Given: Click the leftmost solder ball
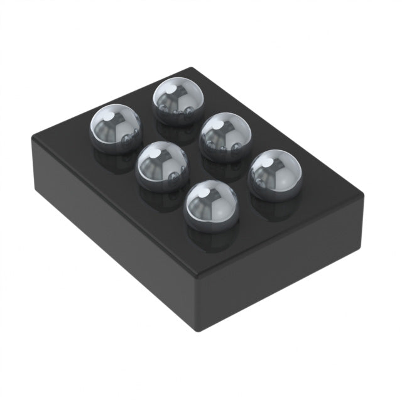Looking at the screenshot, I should pyautogui.click(x=116, y=128).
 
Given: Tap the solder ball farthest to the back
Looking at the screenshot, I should pyautogui.click(x=178, y=100).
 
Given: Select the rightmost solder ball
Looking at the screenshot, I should pyautogui.click(x=275, y=174).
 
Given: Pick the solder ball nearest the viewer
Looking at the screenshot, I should pyautogui.click(x=211, y=205).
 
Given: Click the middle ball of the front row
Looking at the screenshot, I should pyautogui.click(x=163, y=166).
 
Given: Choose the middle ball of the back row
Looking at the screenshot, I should pyautogui.click(x=225, y=137).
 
